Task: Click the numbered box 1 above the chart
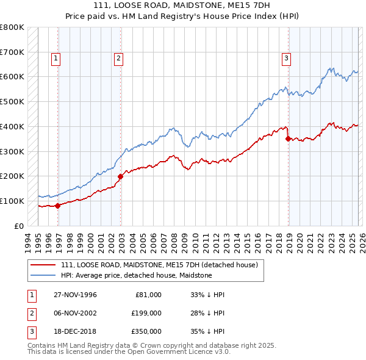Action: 56,59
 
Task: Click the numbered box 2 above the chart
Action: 118,59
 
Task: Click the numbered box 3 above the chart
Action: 286,59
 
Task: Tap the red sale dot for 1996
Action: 58,206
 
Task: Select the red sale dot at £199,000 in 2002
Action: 120,176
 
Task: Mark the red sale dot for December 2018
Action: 288,139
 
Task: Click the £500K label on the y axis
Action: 12,102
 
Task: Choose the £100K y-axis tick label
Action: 12,201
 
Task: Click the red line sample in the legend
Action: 43,265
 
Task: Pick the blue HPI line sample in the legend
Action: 43,276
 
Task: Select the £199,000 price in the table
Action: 146,313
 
